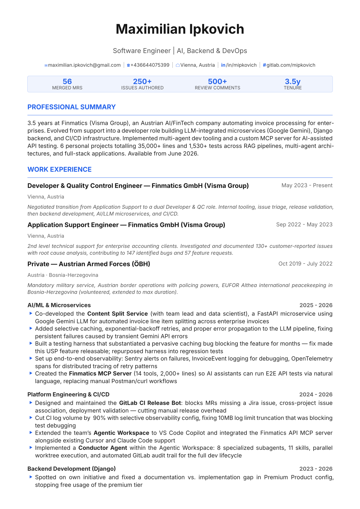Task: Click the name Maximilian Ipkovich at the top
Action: (180, 29)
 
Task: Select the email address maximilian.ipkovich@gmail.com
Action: (84, 65)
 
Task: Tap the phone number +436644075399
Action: (150, 65)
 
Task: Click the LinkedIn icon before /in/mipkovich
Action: (223, 65)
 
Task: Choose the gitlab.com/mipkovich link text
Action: (291, 65)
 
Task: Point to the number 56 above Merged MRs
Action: (67, 82)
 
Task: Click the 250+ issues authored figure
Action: (142, 82)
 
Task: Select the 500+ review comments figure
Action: (217, 82)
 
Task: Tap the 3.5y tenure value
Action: (293, 82)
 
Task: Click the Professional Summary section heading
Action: (71, 107)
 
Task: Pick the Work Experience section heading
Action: (60, 169)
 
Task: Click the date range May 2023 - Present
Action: (307, 185)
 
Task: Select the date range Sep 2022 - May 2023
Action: (304, 225)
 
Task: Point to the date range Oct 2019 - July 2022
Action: (305, 264)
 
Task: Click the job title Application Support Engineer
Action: (73, 225)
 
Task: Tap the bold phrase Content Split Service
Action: (118, 314)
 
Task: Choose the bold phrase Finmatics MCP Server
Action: (100, 373)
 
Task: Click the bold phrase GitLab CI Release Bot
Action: (150, 403)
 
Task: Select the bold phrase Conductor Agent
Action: (103, 448)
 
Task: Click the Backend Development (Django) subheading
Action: (72, 469)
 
